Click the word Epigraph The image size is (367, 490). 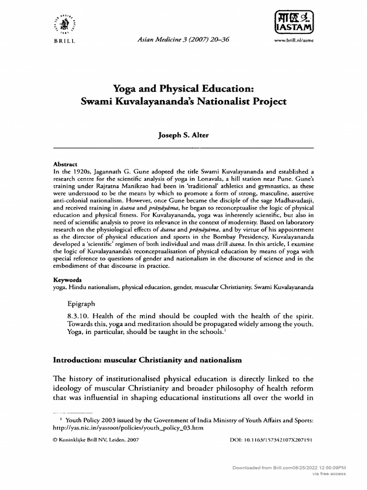point(82,303)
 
